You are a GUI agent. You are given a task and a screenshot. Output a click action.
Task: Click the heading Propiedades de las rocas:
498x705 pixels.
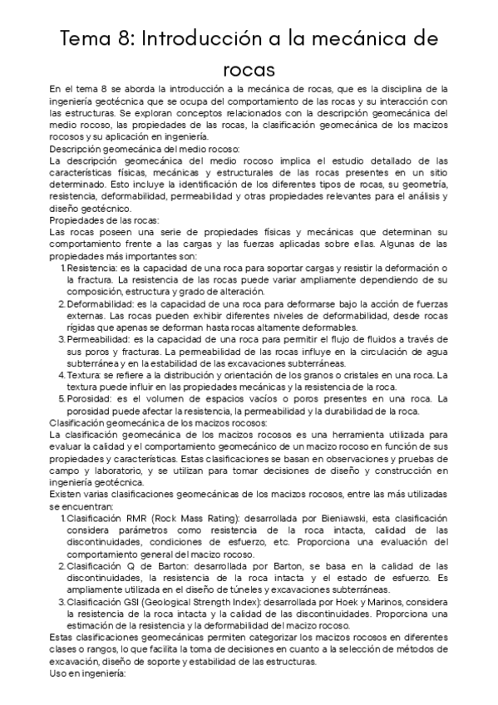(x=103, y=219)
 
